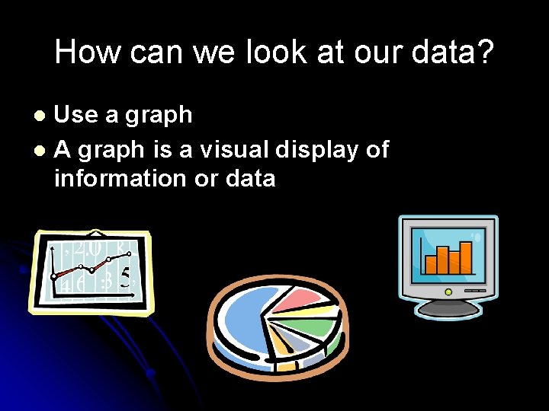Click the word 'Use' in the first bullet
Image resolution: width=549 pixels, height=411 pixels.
point(77,115)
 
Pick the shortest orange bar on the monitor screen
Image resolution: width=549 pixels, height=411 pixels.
point(431,264)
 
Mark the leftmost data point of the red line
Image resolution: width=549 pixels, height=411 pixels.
point(54,274)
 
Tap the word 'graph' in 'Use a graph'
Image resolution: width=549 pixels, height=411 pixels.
point(159,116)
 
